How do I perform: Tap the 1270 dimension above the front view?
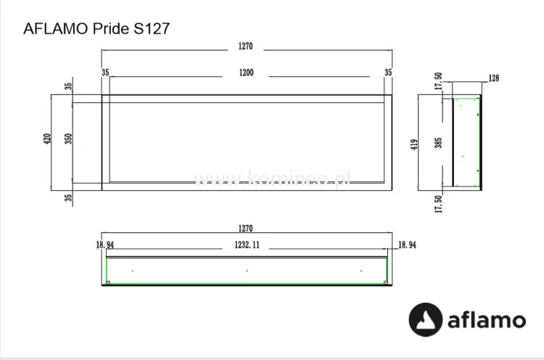tap(245, 46)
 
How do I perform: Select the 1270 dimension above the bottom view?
tap(245, 229)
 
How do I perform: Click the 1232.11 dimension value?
tap(245, 245)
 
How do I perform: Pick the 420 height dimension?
tap(47, 139)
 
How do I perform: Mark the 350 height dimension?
tap(69, 139)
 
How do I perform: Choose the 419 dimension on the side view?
tap(415, 143)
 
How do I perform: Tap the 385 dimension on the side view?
tap(438, 143)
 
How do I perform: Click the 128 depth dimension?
tap(494, 78)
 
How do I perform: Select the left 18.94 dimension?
tap(104, 245)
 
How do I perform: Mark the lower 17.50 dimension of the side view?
tap(438, 203)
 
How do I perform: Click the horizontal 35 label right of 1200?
tap(388, 73)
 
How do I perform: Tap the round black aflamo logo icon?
tap(426, 320)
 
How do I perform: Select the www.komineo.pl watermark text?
tap(272, 179)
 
